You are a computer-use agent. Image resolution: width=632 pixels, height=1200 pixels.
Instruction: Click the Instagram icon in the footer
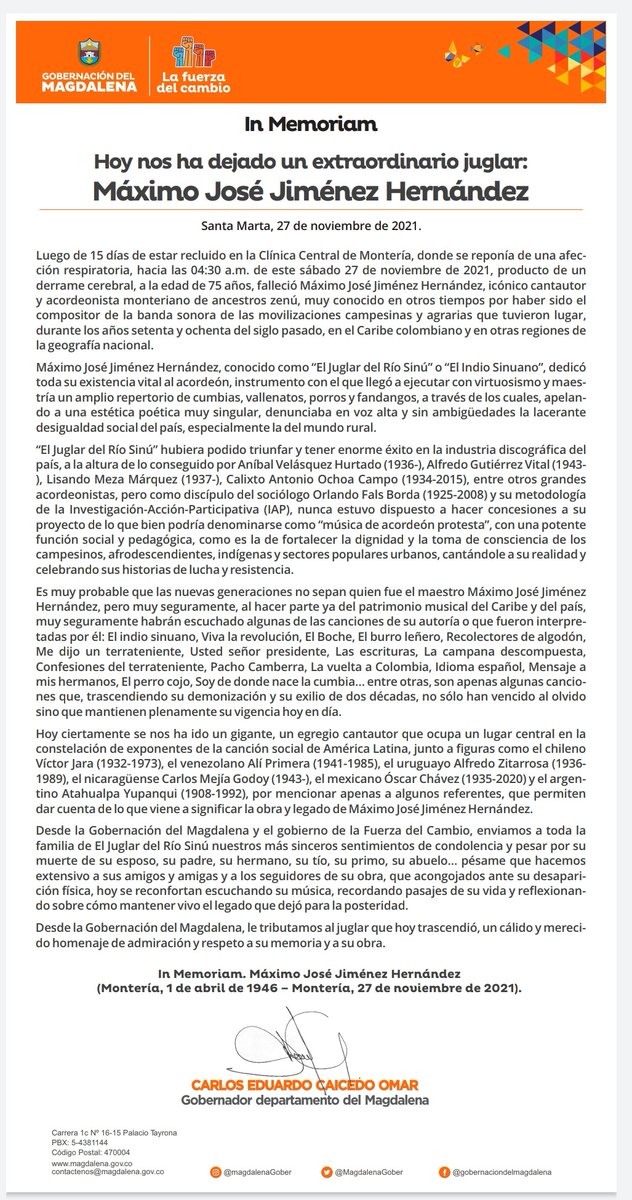click(x=215, y=1171)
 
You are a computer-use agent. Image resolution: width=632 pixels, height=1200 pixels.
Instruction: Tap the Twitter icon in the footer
click(x=327, y=1171)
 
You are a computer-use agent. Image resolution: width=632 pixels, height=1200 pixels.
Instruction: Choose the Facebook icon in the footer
click(x=444, y=1171)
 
